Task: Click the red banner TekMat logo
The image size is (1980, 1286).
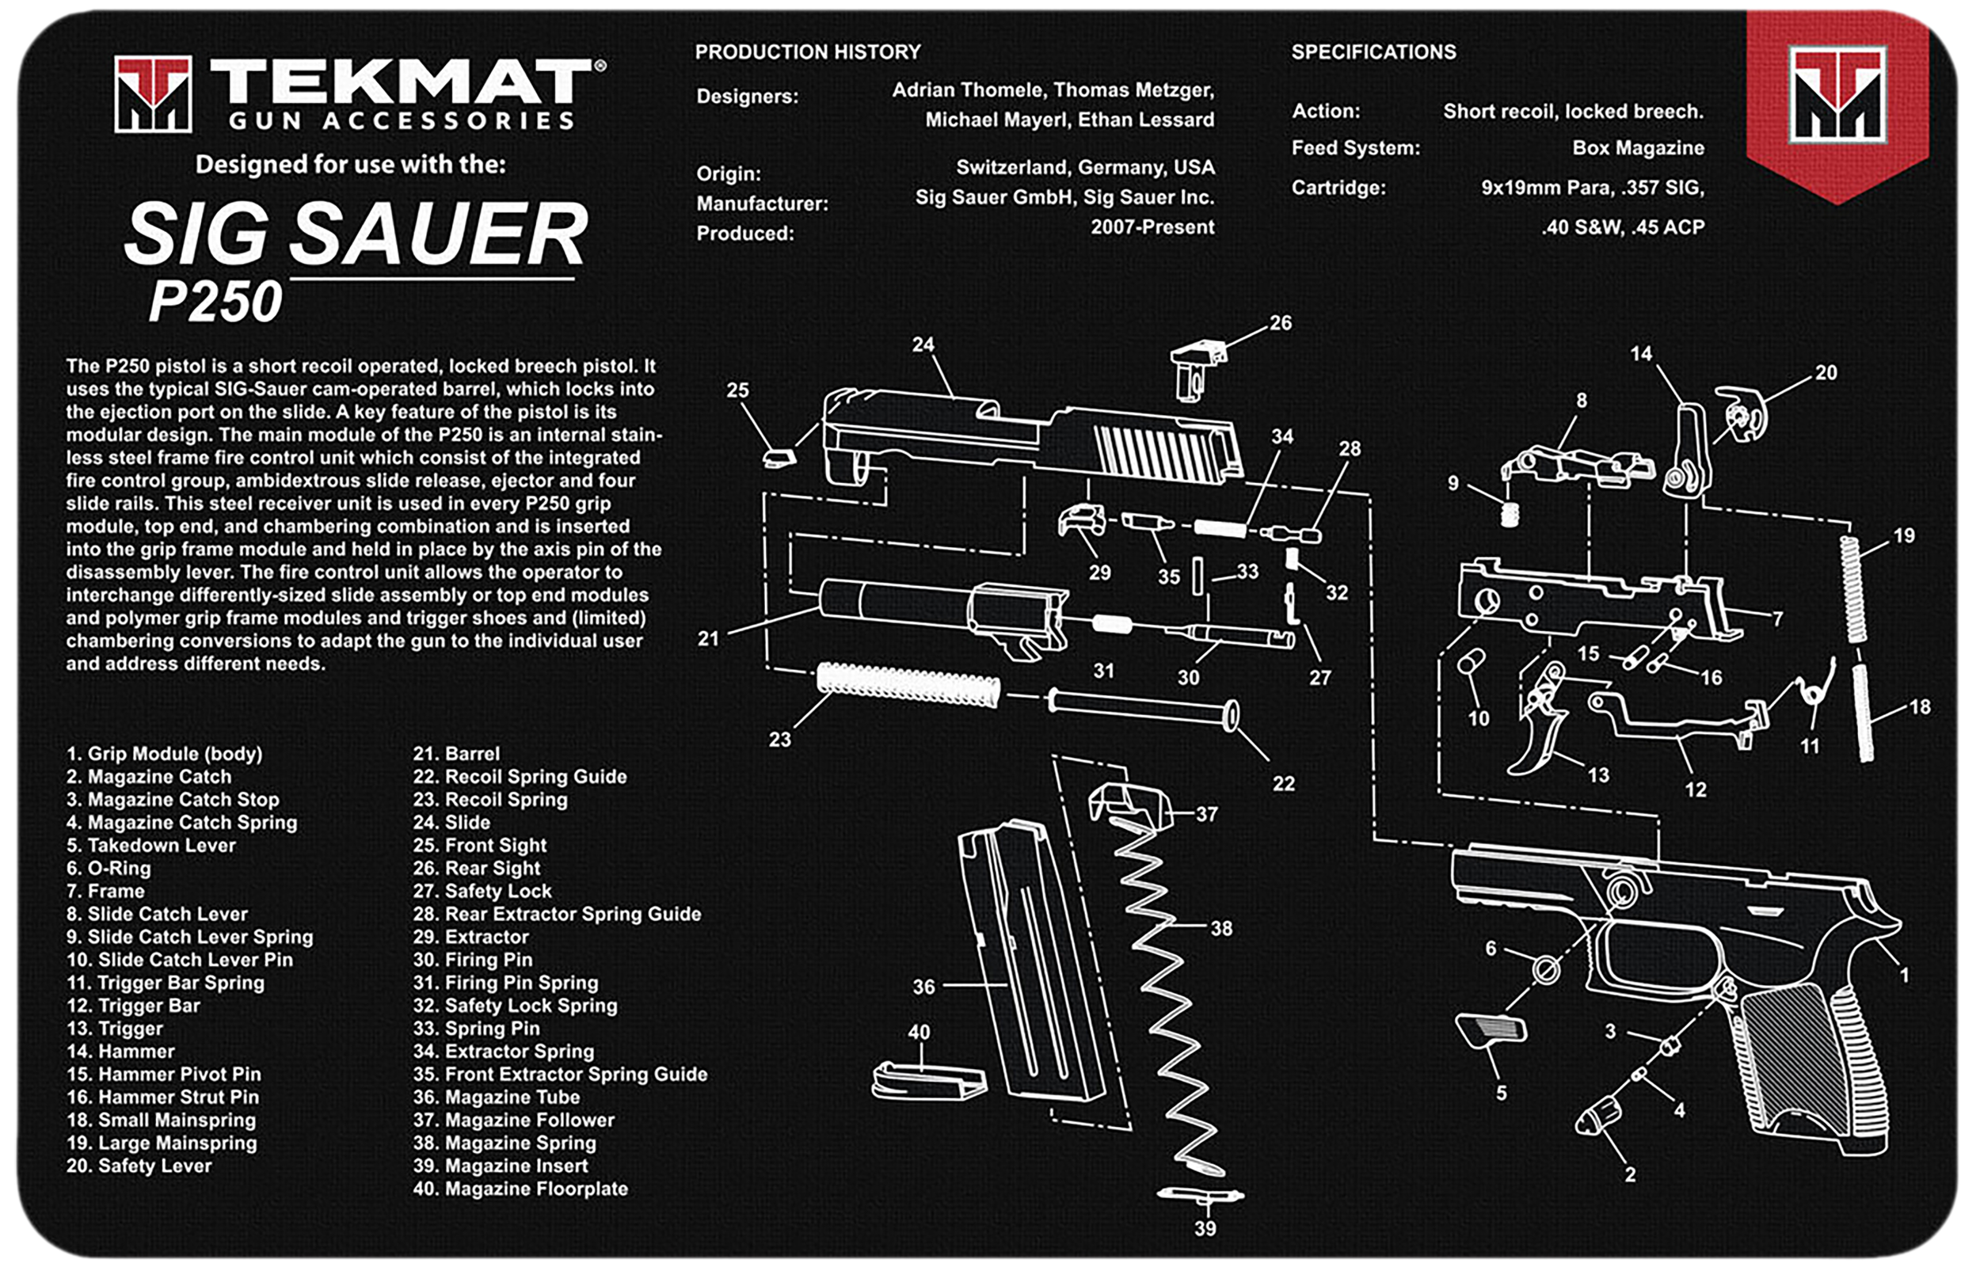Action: pos(1837,95)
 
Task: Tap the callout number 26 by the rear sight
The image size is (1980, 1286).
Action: pos(1281,323)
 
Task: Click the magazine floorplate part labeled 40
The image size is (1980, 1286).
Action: pos(928,1082)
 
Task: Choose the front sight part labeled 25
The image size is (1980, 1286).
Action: pos(779,458)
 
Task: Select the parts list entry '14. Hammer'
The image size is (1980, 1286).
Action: pos(120,1052)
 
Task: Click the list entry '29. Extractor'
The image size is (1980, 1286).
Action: pos(471,937)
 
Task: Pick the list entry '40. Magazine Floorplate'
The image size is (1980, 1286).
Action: pos(520,1189)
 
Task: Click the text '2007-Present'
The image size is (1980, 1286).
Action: pos(1152,227)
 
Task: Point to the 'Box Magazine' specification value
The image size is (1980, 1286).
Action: pos(1637,148)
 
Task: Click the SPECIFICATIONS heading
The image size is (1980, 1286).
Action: pos(1373,51)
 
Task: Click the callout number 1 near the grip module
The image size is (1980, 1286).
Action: pos(1904,974)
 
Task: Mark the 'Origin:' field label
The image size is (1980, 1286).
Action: pos(729,174)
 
